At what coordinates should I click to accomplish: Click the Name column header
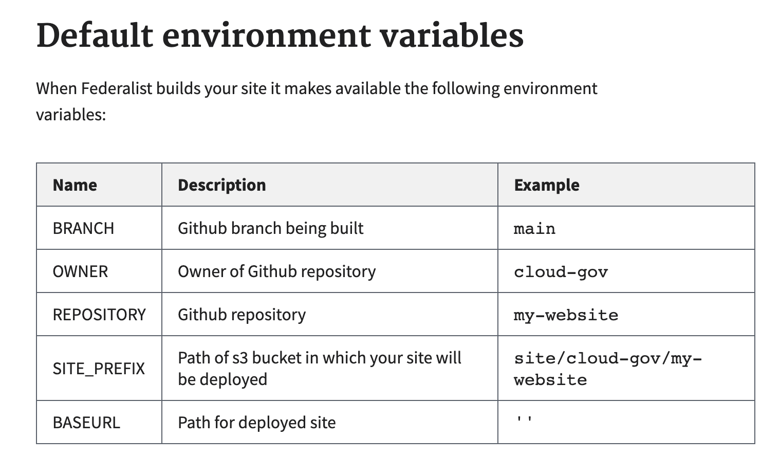75,185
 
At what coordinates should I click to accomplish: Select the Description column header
222,185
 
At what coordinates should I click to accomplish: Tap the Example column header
547,185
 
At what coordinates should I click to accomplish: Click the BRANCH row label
83,228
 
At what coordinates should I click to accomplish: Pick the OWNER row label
80,271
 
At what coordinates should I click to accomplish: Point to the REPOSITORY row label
99,315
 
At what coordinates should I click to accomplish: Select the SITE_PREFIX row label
99,369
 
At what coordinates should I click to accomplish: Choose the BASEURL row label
86,423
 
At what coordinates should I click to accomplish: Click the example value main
534,229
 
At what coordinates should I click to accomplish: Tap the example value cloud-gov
561,272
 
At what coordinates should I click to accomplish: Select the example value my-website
566,316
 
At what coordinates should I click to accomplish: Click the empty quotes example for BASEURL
524,418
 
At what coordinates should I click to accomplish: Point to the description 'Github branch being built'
271,229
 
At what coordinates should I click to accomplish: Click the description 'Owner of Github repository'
277,272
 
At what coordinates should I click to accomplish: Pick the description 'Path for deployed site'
256,423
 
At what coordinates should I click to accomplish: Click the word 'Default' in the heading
95,35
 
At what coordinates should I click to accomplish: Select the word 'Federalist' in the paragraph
117,88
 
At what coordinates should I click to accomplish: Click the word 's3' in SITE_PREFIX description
240,358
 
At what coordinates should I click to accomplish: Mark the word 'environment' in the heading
266,35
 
